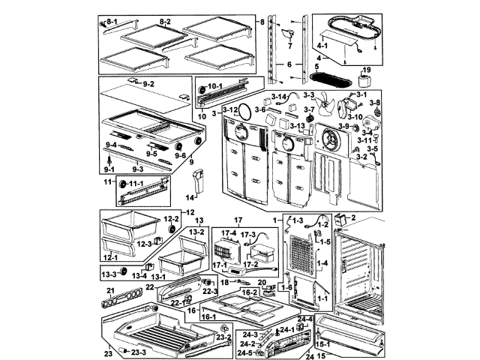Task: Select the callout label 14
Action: pyautogui.click(x=190, y=197)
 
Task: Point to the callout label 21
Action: pyautogui.click(x=109, y=290)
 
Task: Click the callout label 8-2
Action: pyautogui.click(x=164, y=21)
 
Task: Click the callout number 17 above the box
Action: pyautogui.click(x=240, y=220)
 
